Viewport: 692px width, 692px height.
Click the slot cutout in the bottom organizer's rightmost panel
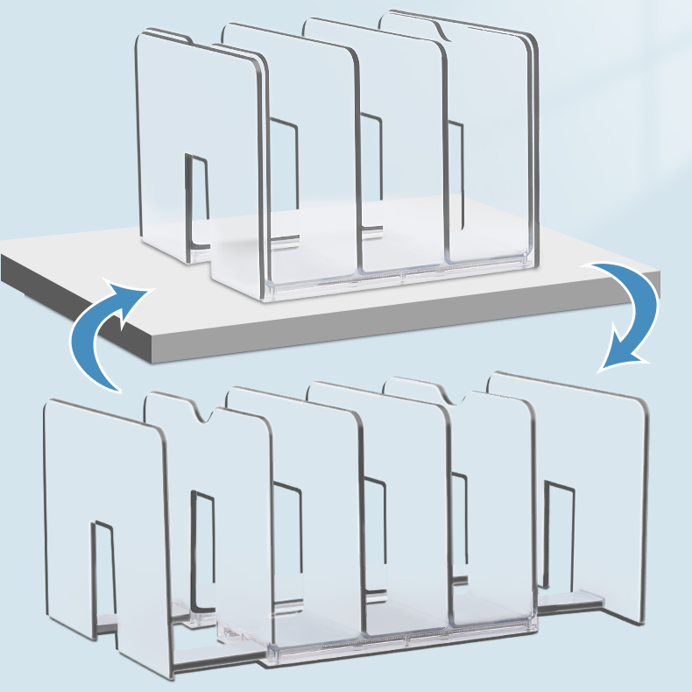(x=557, y=534)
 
